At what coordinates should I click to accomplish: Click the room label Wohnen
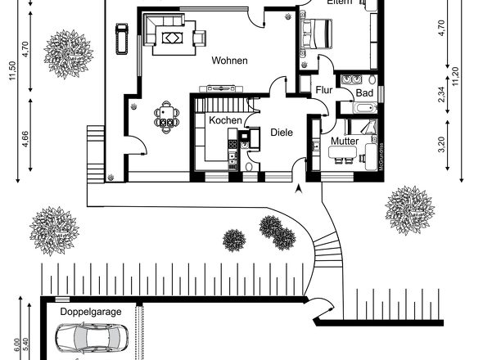(229, 61)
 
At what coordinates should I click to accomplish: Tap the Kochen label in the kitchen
(225, 120)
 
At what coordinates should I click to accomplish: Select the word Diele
(282, 132)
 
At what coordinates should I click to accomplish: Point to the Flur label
(323, 90)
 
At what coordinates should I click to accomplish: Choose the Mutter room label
(345, 142)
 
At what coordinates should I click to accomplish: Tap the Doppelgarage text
(90, 312)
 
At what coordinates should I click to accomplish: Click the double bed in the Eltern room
(316, 34)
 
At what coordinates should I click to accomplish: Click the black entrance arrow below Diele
(298, 189)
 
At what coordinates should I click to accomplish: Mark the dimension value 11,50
(11, 71)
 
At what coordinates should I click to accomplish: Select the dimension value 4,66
(25, 137)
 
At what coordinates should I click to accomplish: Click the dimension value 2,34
(441, 94)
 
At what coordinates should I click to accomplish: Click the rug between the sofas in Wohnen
(173, 36)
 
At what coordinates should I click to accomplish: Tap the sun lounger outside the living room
(123, 38)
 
